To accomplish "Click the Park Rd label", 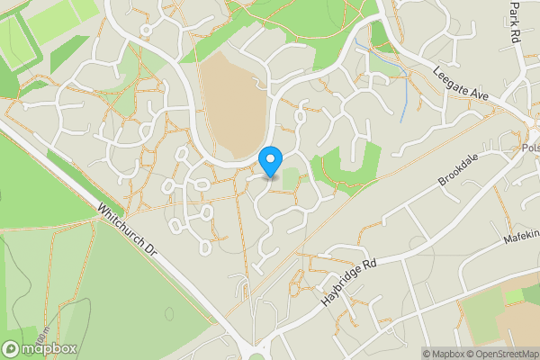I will [514, 23].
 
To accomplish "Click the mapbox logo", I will [40, 348].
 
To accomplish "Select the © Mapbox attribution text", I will [446, 354].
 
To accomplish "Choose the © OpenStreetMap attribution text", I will [505, 354].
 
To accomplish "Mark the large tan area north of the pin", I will [232, 103].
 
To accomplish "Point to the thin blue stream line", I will [404, 99].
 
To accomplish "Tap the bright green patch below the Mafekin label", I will [517, 294].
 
